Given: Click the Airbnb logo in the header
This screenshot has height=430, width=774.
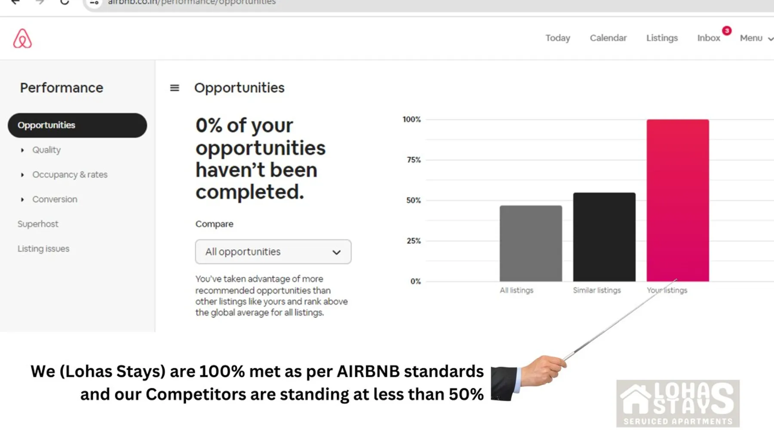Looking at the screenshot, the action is click(x=22, y=38).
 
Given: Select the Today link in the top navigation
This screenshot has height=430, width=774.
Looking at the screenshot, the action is click(x=558, y=38).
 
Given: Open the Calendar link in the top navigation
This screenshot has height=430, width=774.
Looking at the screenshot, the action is click(x=608, y=38).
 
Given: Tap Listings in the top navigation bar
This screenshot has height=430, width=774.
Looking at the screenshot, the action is click(x=662, y=38).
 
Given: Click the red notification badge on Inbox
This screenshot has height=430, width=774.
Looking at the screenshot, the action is click(x=727, y=31).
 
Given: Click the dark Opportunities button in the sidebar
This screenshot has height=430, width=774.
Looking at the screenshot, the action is click(x=77, y=125).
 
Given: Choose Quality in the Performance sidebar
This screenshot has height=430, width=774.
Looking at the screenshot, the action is click(x=46, y=150).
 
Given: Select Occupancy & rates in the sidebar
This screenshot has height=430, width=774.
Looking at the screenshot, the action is click(x=70, y=175).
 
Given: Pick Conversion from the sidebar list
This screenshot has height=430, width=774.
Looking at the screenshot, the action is click(x=55, y=199).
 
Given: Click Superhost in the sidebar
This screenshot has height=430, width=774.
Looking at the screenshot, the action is click(x=38, y=224).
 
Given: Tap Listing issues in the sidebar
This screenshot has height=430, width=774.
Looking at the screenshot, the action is click(x=43, y=249).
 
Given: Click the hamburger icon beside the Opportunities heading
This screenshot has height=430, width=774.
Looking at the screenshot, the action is click(x=175, y=88).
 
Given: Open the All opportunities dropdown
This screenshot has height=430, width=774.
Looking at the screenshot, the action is click(x=273, y=252).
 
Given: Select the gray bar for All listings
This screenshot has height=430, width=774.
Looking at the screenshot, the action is click(x=531, y=243).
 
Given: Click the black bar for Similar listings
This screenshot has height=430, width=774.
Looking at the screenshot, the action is click(x=604, y=237).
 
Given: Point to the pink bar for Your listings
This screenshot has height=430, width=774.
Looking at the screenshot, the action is click(x=678, y=200).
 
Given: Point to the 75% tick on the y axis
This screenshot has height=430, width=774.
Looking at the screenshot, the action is click(x=414, y=160).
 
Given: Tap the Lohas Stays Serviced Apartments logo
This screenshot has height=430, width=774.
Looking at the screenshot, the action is click(x=678, y=403).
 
